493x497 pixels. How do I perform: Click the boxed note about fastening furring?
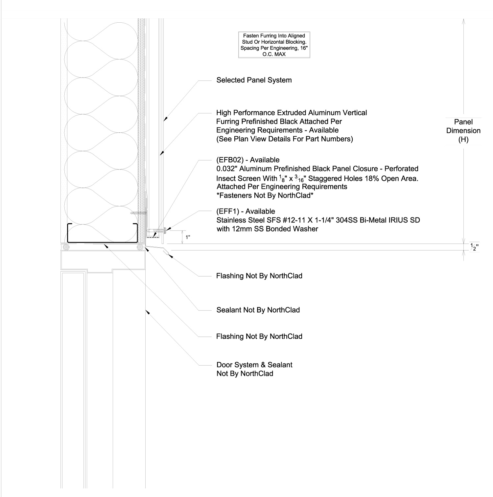coord(274,45)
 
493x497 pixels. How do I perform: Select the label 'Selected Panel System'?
coord(254,80)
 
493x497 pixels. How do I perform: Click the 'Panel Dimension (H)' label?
coord(463,130)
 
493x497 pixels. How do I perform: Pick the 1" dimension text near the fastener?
coord(188,237)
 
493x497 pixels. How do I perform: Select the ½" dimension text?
coord(473,247)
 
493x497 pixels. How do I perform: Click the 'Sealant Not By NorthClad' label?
coord(258,310)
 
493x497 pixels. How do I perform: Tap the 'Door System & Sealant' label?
coord(254,365)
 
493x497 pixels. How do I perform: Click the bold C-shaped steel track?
coord(102,242)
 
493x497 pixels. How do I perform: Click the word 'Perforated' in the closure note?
coord(401,169)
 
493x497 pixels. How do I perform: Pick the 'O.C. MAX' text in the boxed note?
coord(274,54)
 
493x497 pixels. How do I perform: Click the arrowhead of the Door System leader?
coord(147,311)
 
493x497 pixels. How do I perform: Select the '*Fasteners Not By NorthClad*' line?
coord(264,195)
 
